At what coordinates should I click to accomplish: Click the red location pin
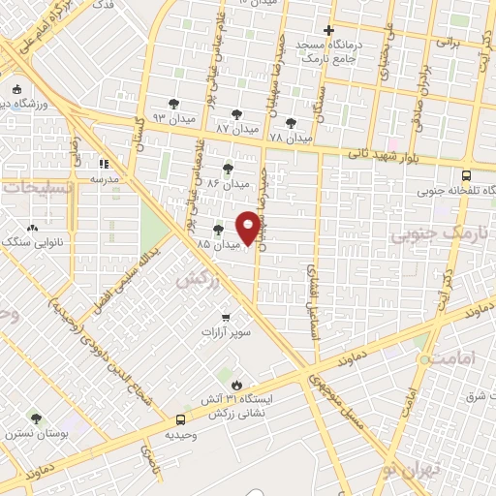tap(249, 228)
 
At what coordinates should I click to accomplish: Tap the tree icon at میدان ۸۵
tap(217, 230)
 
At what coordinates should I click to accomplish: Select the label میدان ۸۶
tap(229, 181)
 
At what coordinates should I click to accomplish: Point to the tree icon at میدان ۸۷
tap(236, 114)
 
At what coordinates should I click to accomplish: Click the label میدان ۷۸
tap(291, 138)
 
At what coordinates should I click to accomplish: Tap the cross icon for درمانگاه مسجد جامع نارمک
tap(329, 31)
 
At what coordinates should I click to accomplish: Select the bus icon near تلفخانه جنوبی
tap(467, 176)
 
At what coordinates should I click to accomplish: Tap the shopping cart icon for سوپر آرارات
tap(226, 317)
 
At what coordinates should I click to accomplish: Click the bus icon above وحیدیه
tap(180, 419)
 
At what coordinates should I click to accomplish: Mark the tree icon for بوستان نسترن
tap(36, 418)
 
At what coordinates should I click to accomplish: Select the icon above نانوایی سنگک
tap(33, 229)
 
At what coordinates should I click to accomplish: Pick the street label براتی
tap(447, 43)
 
